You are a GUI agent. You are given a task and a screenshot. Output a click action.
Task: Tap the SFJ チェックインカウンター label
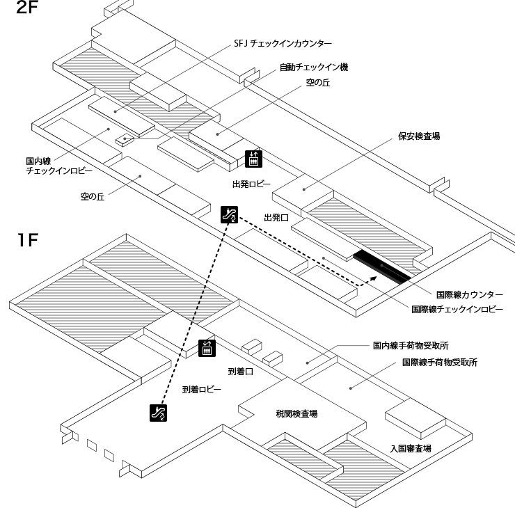(283, 43)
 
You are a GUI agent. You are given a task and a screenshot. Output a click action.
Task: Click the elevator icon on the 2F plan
(253, 159)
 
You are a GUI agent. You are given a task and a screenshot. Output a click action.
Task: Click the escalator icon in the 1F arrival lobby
(159, 413)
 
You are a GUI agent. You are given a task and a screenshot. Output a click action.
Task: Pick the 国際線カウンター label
(469, 294)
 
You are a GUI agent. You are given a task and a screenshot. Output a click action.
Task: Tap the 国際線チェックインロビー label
(457, 308)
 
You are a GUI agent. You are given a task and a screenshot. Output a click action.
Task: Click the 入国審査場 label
(411, 449)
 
